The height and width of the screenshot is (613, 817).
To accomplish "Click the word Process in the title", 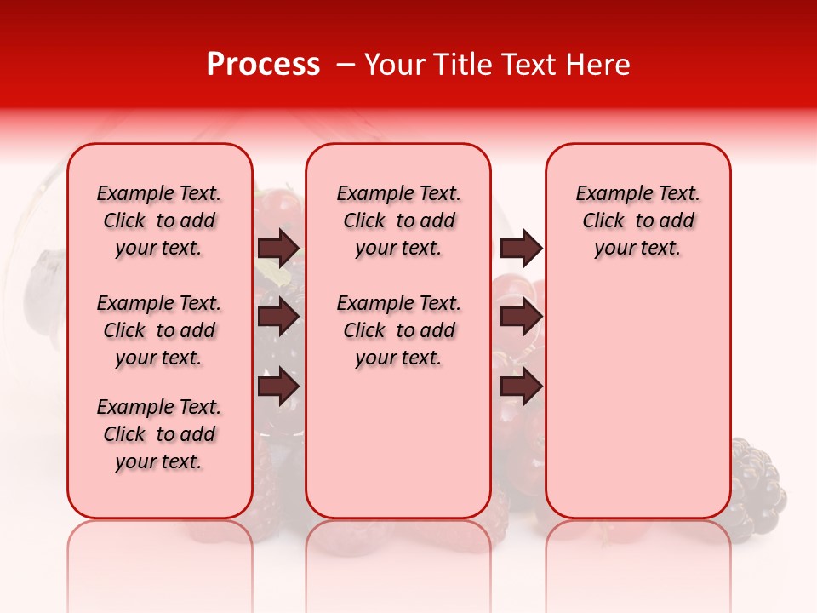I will coord(263,65).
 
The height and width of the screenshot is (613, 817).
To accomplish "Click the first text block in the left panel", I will coord(159,221).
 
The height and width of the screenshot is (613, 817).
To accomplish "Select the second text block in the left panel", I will coord(159,330).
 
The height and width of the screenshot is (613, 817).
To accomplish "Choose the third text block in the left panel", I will coord(159,434).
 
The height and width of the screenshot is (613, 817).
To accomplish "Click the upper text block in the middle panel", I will coord(398,221).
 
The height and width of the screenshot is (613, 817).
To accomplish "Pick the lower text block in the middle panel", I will coord(398,330).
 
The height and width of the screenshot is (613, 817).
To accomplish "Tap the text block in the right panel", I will coord(637,221).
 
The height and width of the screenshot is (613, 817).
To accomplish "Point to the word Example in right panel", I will coord(608,194).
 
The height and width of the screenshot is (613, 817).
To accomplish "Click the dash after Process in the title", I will coord(345,65).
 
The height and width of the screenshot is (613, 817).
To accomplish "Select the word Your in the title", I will coord(394,65).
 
